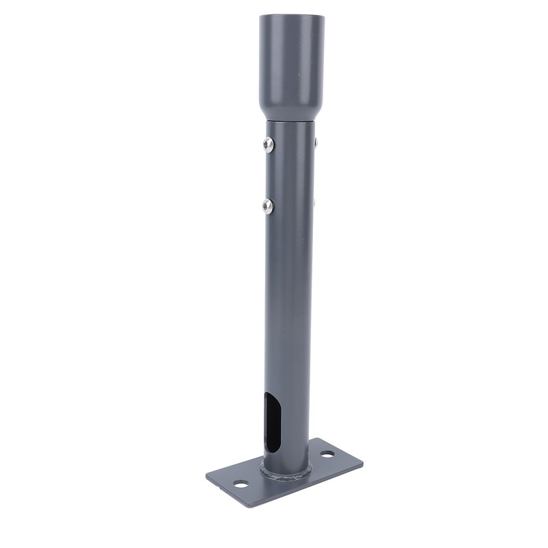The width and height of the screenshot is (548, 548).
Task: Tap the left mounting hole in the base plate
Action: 240,484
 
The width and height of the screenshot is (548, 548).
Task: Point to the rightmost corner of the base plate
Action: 362,461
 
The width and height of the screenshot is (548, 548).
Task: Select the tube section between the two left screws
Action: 271,175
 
